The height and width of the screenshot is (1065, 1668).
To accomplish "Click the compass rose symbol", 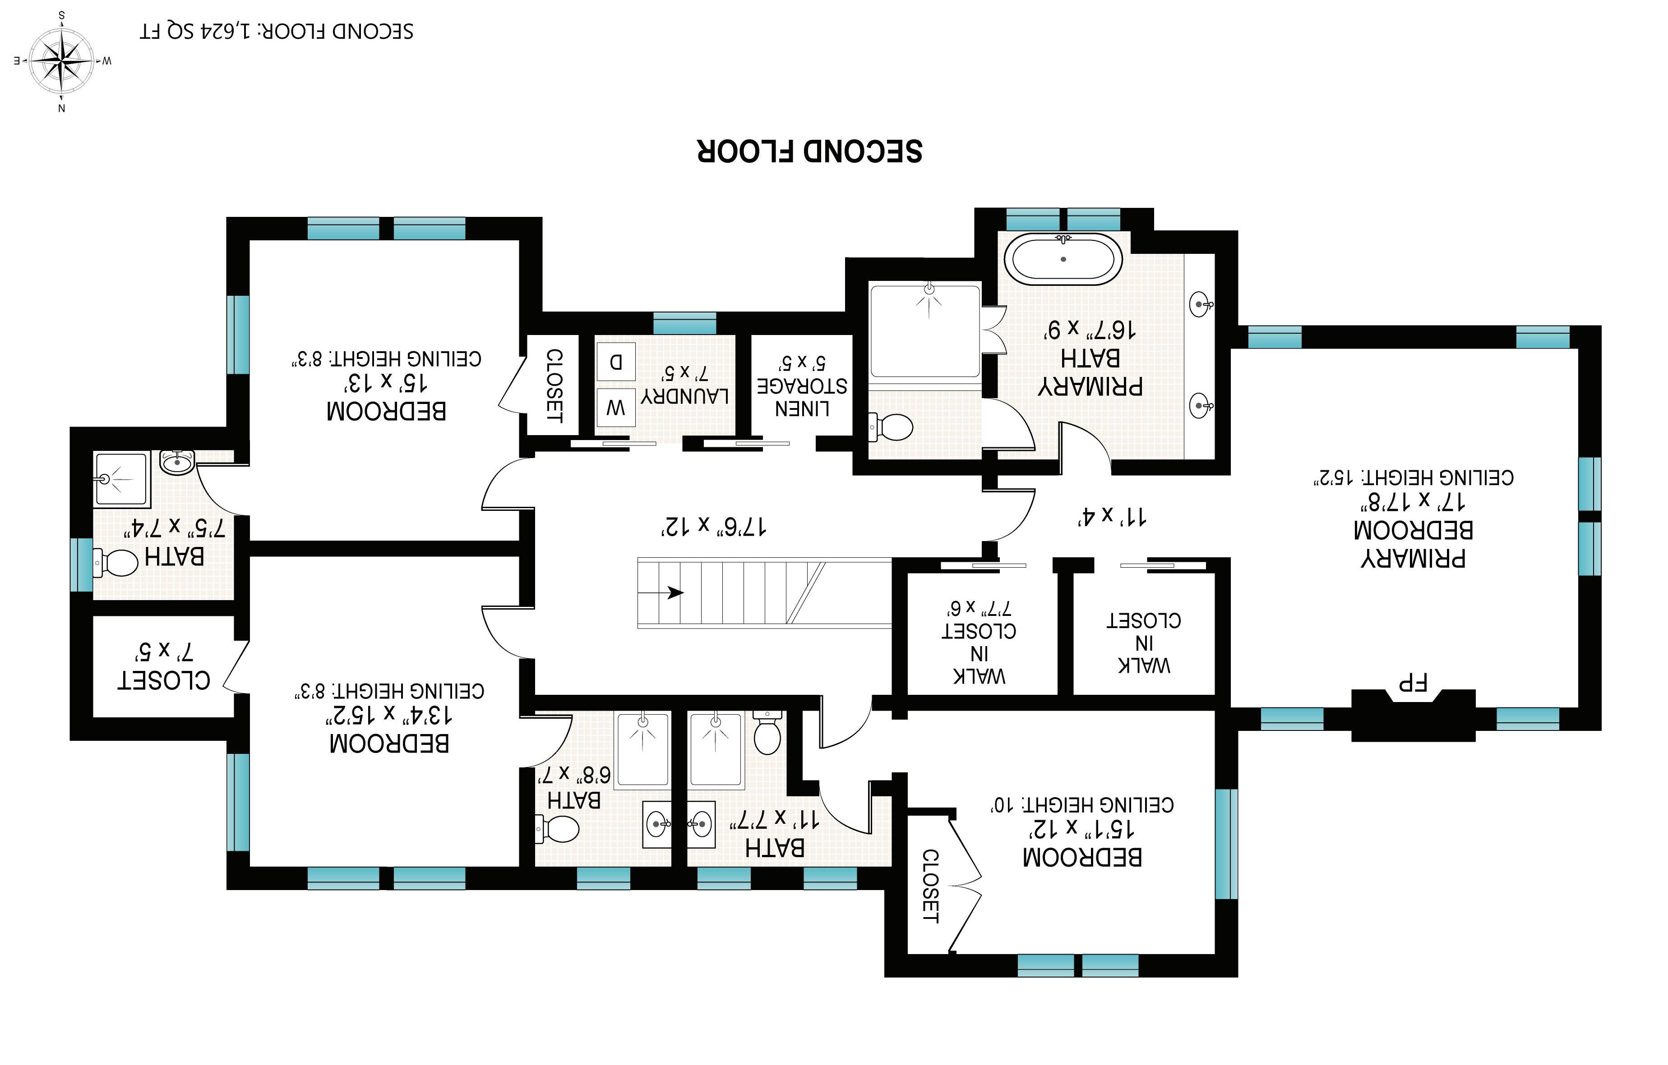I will (62, 61).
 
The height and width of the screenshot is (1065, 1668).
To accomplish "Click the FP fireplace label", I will (1413, 683).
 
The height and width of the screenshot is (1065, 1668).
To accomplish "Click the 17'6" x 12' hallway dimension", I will (713, 526).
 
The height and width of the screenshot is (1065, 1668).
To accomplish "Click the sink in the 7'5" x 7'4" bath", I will (177, 461).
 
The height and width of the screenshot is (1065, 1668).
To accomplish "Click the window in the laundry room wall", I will (684, 323).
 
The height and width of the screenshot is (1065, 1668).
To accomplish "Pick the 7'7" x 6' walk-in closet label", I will (979, 642).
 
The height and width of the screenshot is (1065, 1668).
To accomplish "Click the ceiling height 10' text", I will (1081, 805).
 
